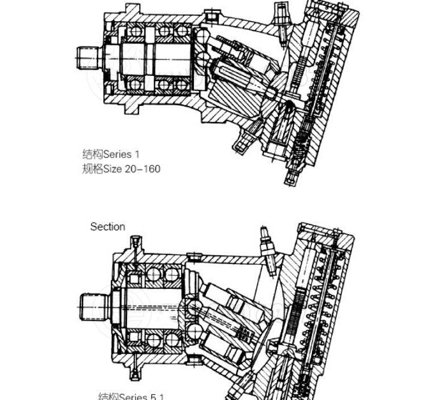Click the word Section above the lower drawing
pos(108,226)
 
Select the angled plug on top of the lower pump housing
pos(267,242)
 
